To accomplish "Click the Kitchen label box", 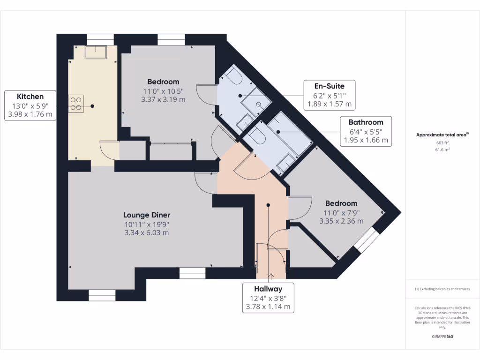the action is pyautogui.click(x=30, y=105).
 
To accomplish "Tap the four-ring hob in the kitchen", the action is pyautogui.click(x=76, y=104).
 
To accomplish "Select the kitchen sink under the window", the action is pyautogui.click(x=96, y=52).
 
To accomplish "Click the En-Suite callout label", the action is pyautogui.click(x=330, y=95).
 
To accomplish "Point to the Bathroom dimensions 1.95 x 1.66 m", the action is pyautogui.click(x=366, y=140).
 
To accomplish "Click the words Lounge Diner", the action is pyautogui.click(x=147, y=215).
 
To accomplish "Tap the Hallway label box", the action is pyautogui.click(x=268, y=298).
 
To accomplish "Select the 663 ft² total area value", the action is pyautogui.click(x=442, y=142).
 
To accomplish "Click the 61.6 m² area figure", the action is pyautogui.click(x=442, y=150).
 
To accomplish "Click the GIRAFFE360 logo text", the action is pyautogui.click(x=442, y=337).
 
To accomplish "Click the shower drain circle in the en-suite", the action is pyautogui.click(x=259, y=105).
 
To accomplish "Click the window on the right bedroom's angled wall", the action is pyautogui.click(x=367, y=240).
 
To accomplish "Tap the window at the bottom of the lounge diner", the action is pyautogui.click(x=102, y=295).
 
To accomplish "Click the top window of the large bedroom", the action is pyautogui.click(x=172, y=40).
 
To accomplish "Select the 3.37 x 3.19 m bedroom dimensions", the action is pyautogui.click(x=163, y=99).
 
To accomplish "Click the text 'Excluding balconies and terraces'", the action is pyautogui.click(x=444, y=289).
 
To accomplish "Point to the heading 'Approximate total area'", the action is pyautogui.click(x=441, y=135).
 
